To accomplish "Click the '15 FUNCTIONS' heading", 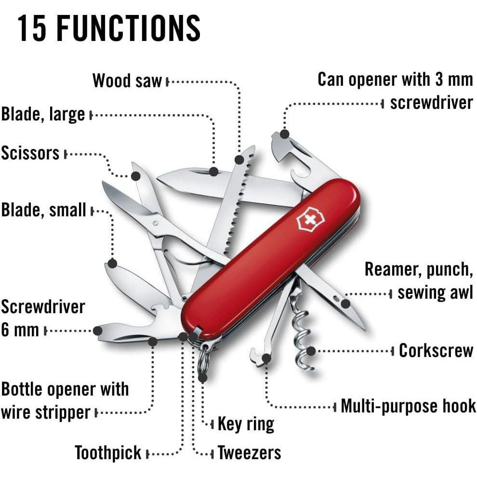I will point(109,29).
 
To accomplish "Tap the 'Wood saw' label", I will point(127,81).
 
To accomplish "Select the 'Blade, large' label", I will point(43,115).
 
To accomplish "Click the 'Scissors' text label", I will point(30,153).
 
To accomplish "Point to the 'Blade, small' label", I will point(43,210).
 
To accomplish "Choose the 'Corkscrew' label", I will point(436,350).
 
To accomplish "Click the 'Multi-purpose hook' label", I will point(408,406).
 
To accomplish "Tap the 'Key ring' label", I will point(246,424).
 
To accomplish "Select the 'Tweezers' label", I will point(249,453).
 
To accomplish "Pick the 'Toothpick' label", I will point(108,453).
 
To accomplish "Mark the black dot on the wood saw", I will point(239,159).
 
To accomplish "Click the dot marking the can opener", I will point(285,134).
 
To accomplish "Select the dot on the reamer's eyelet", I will point(345,304).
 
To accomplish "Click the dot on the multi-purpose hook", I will point(266,358).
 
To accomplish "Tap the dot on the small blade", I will point(112,264).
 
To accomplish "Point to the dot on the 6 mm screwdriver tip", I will point(97,331).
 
